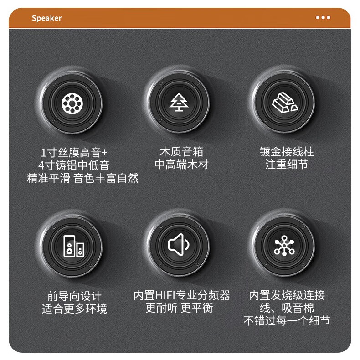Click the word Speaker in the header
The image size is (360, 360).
click(x=46, y=18)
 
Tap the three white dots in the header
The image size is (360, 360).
click(x=323, y=18)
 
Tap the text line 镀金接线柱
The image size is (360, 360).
click(x=287, y=151)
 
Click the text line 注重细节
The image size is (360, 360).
click(x=287, y=165)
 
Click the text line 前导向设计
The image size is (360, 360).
click(x=74, y=296)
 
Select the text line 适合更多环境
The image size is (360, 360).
click(x=74, y=309)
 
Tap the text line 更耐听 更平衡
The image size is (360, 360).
click(x=179, y=309)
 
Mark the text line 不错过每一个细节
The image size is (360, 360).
click(x=287, y=321)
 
